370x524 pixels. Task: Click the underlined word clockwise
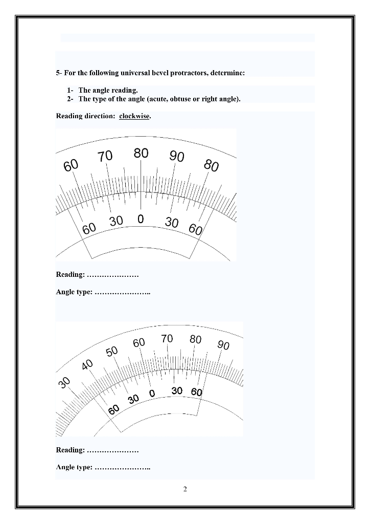(x=134, y=116)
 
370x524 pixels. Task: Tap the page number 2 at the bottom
(x=185, y=489)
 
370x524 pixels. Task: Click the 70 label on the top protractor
(x=105, y=157)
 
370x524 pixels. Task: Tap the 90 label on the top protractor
(x=177, y=157)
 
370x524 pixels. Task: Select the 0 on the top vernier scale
(x=140, y=219)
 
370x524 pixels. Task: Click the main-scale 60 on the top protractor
(x=71, y=166)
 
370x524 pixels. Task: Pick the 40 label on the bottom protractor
(x=87, y=365)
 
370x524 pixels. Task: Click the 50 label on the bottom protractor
(x=112, y=351)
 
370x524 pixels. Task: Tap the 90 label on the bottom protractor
(x=223, y=345)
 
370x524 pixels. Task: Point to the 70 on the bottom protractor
(x=167, y=338)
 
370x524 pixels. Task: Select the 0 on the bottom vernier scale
(x=152, y=394)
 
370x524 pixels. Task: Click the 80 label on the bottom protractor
(x=195, y=339)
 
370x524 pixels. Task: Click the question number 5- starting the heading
(x=59, y=73)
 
